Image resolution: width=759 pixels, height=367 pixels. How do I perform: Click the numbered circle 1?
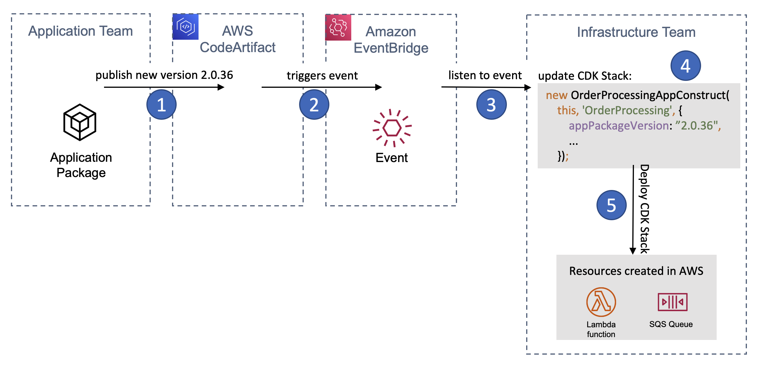(x=161, y=104)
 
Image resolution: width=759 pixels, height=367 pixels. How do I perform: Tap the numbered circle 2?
(x=314, y=104)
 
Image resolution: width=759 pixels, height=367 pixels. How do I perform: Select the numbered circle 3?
(x=491, y=104)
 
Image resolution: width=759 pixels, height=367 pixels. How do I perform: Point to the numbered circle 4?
(x=685, y=66)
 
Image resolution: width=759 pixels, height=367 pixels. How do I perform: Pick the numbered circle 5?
(x=611, y=205)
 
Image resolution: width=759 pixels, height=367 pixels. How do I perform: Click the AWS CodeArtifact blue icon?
(x=185, y=27)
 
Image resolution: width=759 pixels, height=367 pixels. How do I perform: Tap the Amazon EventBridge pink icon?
(x=338, y=27)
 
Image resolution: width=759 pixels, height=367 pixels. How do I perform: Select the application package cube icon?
(x=80, y=122)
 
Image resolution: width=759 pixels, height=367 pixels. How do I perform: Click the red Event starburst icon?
(x=392, y=128)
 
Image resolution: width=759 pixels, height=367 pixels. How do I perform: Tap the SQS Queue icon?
(x=672, y=302)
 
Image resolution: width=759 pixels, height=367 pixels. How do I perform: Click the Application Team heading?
(x=80, y=31)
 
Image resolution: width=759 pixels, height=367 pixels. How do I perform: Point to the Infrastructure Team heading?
(x=636, y=32)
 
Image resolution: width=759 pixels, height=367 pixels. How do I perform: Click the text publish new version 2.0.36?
(x=164, y=75)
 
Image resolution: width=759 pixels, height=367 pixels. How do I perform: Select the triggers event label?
(x=322, y=76)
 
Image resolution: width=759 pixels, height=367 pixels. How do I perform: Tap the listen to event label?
(x=485, y=75)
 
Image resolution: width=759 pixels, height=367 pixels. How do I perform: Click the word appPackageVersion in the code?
(x=618, y=126)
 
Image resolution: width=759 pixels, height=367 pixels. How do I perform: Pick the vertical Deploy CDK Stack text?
(x=644, y=209)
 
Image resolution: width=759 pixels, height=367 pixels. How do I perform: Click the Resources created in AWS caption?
(x=636, y=271)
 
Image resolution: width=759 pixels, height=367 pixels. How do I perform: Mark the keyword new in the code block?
(x=556, y=95)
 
